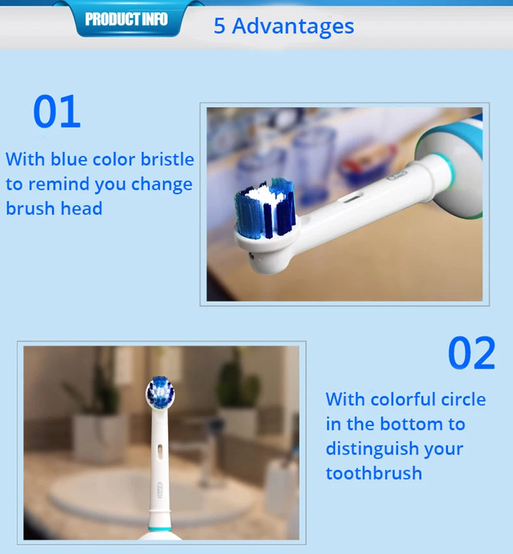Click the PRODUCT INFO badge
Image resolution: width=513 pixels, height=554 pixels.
126,19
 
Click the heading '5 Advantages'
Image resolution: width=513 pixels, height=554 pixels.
284,26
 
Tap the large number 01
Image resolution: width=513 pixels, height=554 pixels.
56,112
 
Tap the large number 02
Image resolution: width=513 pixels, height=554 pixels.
471,353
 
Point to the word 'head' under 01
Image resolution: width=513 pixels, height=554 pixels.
81,208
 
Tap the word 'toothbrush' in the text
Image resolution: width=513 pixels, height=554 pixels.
373,473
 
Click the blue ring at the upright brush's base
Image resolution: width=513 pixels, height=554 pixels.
160,529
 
